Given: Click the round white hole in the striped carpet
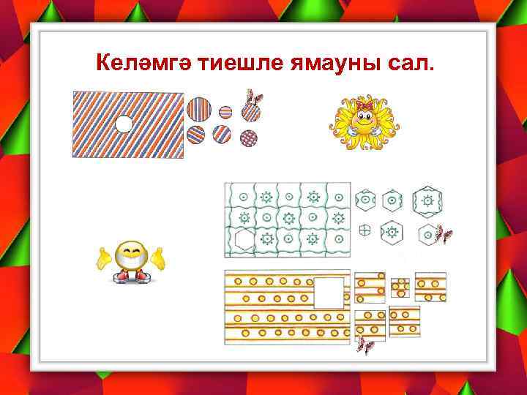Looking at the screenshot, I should coord(125,124).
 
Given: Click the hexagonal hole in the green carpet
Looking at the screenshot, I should coord(244,238).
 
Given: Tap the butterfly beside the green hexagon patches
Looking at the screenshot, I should coord(443,235).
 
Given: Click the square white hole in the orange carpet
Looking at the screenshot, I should coord(329,293).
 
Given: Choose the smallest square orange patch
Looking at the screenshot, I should coord(400,287).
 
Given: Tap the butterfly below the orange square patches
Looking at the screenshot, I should coord(365,345).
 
